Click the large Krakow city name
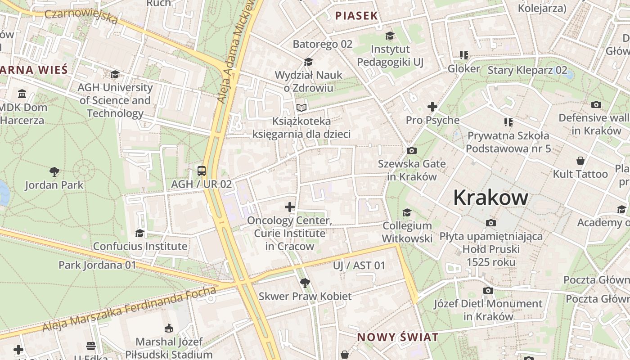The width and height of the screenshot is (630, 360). [x=490, y=198]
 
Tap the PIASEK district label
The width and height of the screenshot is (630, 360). [x=356, y=16]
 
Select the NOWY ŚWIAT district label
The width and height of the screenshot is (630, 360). [x=397, y=337]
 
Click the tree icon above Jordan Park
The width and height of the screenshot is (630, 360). [x=54, y=171]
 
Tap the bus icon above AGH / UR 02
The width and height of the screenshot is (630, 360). [x=202, y=171]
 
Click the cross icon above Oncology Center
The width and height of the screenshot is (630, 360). [x=290, y=207]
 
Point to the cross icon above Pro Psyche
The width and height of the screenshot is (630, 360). [x=432, y=107]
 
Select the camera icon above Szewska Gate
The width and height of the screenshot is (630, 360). [x=411, y=150]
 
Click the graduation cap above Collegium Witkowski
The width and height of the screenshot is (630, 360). [x=407, y=212]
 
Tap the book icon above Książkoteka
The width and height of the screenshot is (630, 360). [x=301, y=108]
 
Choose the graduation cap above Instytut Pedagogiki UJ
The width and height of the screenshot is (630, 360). [x=390, y=36]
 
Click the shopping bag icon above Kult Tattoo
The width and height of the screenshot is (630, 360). [x=580, y=161]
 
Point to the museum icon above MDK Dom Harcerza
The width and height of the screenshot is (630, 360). [x=22, y=94]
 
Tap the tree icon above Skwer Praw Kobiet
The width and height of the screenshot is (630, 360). [x=305, y=283]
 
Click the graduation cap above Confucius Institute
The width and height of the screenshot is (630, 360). [x=140, y=233]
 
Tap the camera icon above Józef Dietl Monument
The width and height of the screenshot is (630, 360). [x=488, y=290]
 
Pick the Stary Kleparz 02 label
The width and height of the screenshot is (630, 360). [x=527, y=70]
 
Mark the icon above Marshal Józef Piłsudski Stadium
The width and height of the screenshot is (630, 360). [x=169, y=328]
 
